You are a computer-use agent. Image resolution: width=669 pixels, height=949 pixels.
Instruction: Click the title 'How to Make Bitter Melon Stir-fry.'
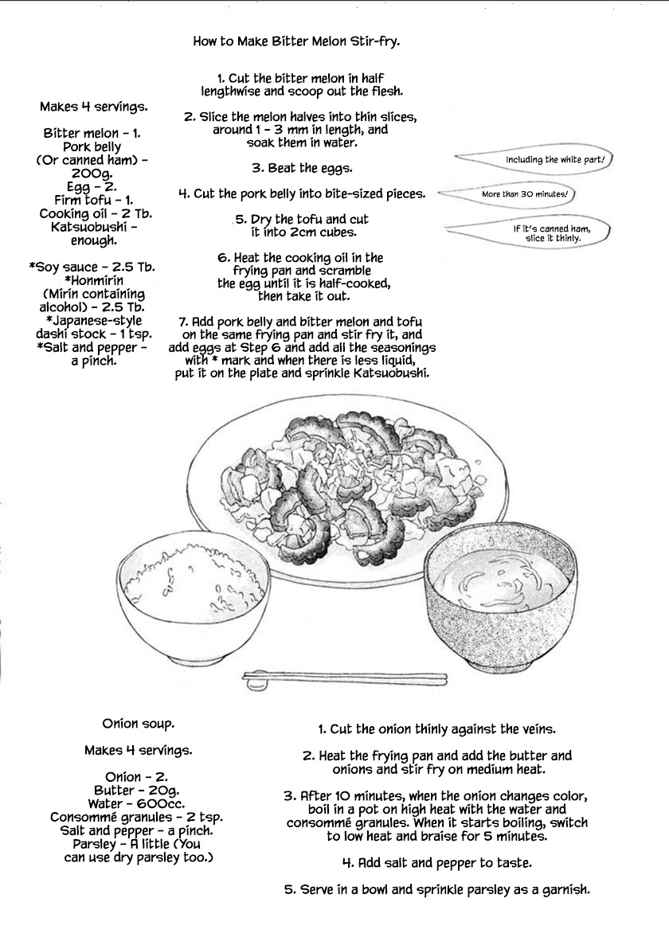click(296, 41)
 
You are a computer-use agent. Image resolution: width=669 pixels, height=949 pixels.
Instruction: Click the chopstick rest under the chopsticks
click(256, 681)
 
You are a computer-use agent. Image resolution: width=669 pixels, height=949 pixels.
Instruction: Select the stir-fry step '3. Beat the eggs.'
click(302, 168)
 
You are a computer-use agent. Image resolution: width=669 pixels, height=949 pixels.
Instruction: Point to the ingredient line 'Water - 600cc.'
click(135, 804)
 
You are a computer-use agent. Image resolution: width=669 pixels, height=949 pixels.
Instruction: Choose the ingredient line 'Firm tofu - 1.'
click(95, 200)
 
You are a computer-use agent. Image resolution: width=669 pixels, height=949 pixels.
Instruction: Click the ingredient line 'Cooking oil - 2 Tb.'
click(96, 213)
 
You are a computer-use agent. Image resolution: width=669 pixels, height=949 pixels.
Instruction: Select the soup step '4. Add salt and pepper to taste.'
click(436, 863)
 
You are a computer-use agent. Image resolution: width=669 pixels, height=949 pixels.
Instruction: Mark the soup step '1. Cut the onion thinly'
click(436, 728)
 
